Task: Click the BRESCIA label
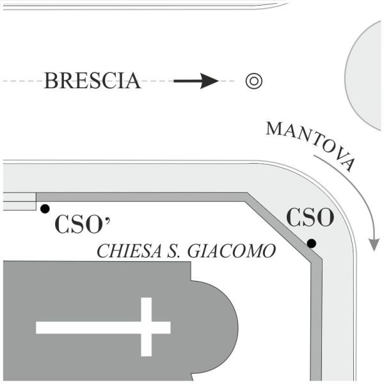(x=92, y=81)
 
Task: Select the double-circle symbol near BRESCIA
(x=253, y=81)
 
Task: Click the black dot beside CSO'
(x=44, y=209)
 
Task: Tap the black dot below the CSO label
(x=311, y=243)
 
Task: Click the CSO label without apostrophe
(x=310, y=218)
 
